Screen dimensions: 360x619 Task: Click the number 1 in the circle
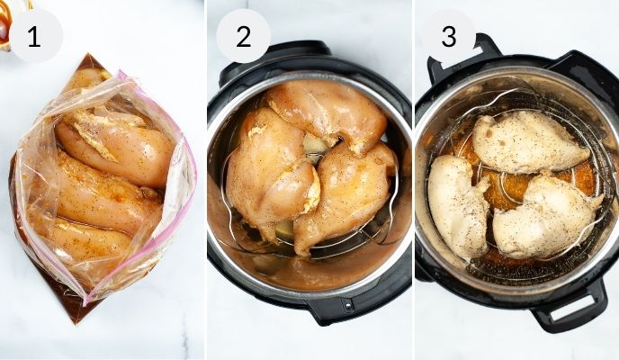coord(35,36)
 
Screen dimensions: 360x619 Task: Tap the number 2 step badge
coord(243,36)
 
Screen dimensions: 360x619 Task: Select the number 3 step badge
coord(448,36)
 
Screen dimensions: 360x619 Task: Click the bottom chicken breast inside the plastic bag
coord(85,238)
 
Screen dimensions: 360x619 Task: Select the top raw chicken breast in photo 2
coord(328,113)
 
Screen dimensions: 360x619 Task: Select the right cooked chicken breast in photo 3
coord(545,216)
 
